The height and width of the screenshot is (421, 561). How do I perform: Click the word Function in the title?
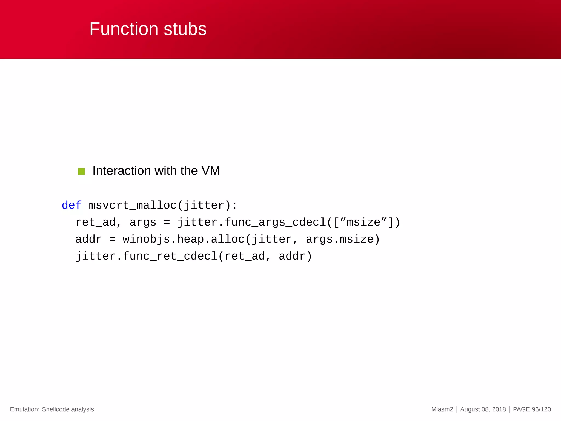[x=124, y=29]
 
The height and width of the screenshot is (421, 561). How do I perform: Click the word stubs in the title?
[x=185, y=29]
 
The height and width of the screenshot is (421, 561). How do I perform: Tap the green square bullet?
[x=81, y=172]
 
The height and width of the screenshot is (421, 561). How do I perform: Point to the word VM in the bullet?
[x=211, y=171]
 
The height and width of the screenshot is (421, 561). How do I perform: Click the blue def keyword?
[x=71, y=205]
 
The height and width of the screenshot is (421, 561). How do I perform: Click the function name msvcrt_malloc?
[x=133, y=205]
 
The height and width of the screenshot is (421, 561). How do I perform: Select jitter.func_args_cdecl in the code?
[x=251, y=222]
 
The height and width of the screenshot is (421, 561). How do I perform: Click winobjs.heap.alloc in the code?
[x=184, y=239]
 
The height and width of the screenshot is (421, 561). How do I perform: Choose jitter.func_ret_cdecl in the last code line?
[x=146, y=256]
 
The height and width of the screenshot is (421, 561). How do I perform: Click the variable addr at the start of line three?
[x=88, y=239]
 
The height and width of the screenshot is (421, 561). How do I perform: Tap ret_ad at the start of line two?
[x=95, y=222]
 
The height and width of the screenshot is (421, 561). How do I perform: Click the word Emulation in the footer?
[x=24, y=409]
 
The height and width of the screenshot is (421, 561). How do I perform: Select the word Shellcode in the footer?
[x=56, y=409]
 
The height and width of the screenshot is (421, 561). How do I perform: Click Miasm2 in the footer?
[x=442, y=409]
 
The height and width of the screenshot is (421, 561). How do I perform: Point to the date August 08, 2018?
[x=483, y=409]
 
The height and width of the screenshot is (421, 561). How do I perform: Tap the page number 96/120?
[x=541, y=409]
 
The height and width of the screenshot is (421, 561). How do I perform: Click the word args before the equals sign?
[x=143, y=222]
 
